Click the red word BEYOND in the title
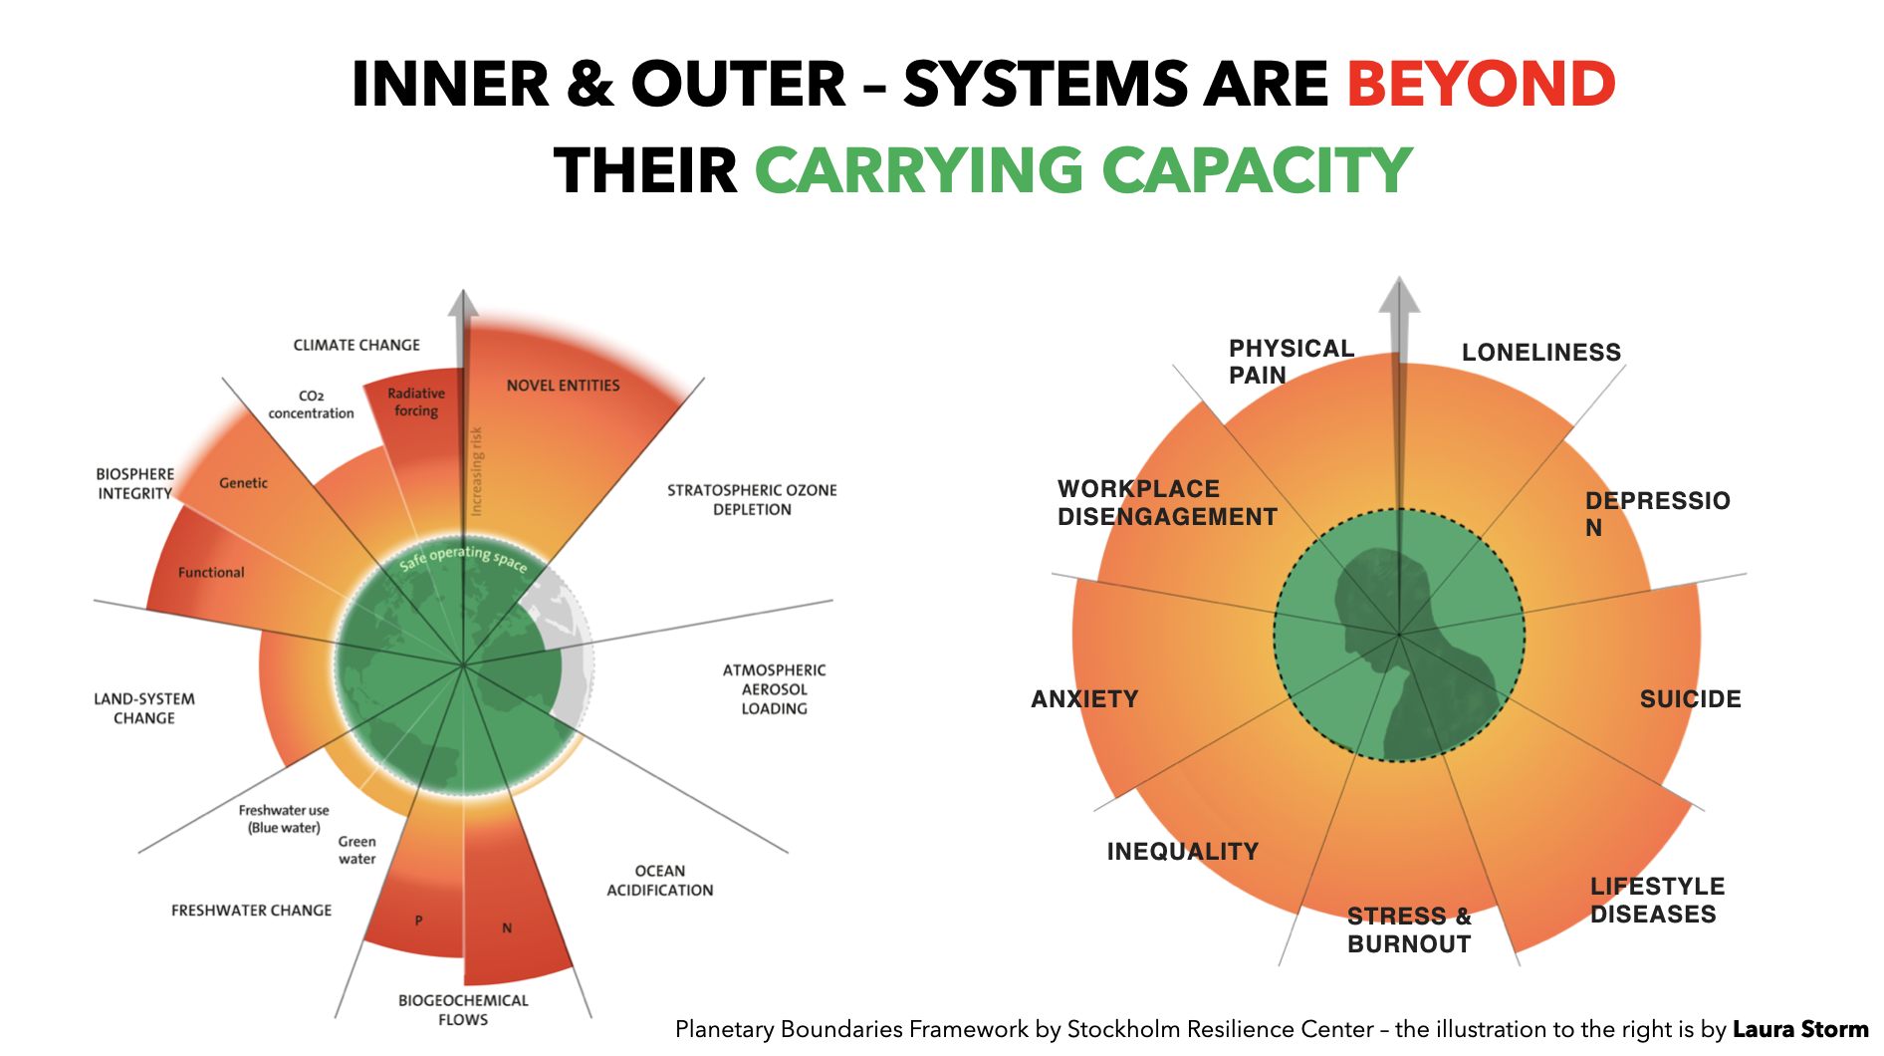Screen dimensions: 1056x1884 click(x=1481, y=84)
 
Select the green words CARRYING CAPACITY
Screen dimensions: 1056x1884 click(x=1083, y=170)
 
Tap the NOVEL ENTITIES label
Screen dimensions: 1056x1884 click(x=563, y=386)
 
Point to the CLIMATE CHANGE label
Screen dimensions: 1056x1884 click(x=356, y=345)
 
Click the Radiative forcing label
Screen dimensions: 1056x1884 click(x=416, y=401)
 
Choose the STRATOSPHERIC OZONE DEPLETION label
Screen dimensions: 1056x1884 click(x=752, y=499)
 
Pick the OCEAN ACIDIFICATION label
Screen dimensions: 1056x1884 click(x=660, y=881)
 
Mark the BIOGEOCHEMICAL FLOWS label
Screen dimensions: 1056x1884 click(x=463, y=1009)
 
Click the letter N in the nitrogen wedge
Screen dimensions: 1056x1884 click(x=507, y=928)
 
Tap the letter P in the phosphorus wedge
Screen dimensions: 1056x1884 click(x=419, y=921)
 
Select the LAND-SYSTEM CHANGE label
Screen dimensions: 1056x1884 click(x=144, y=708)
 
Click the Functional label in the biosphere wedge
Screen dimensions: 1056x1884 click(x=211, y=573)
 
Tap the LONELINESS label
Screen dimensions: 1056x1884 click(x=1540, y=353)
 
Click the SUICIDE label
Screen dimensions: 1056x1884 click(x=1690, y=699)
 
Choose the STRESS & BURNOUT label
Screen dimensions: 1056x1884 click(x=1409, y=929)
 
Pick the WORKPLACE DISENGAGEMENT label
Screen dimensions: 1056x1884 click(x=1167, y=503)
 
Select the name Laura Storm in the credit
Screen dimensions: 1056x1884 click(x=1800, y=1029)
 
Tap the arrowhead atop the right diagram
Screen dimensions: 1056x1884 click(x=1399, y=295)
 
